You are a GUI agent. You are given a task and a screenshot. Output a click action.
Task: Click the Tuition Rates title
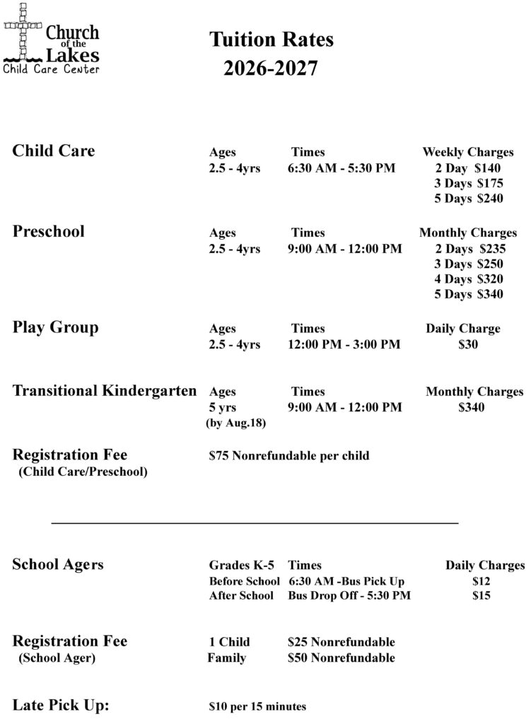point(271,40)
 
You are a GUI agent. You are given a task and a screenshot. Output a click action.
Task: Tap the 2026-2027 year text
point(271,69)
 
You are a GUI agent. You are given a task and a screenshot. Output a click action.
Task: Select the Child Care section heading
point(54,151)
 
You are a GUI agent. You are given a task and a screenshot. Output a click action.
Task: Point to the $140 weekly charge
point(488,168)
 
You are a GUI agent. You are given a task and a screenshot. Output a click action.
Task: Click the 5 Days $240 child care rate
point(469,199)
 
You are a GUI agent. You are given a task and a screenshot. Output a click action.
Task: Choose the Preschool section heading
point(49,231)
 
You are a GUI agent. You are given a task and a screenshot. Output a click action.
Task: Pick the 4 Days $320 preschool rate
point(469,279)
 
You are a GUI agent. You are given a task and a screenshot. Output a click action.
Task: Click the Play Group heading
point(56,327)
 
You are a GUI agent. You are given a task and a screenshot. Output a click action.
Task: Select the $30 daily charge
point(468,345)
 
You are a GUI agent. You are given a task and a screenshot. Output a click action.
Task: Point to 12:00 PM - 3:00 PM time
point(344,345)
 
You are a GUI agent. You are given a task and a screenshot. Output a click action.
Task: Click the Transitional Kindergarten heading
point(105,391)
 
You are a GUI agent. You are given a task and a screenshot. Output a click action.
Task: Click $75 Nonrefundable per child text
point(289,455)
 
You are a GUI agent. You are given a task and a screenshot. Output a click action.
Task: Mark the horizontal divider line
point(255,523)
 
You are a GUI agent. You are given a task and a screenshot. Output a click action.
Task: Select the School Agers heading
point(58,564)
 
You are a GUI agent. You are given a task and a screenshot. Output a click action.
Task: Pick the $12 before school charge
point(481,581)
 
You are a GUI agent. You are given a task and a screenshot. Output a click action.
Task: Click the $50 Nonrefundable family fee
point(342,658)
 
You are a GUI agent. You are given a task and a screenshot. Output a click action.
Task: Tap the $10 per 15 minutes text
point(258,706)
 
